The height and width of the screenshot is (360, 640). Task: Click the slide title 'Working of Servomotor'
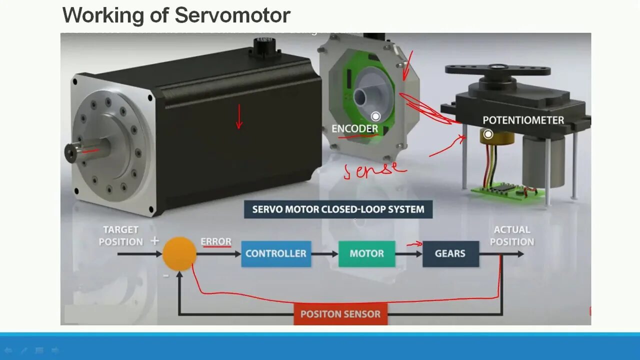click(176, 15)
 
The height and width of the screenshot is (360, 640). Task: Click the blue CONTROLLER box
click(276, 253)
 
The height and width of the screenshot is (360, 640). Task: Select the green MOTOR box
click(366, 253)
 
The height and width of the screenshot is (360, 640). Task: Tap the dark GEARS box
click(450, 253)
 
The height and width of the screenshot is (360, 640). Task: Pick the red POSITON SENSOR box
click(340, 314)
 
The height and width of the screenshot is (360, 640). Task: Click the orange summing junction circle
click(179, 254)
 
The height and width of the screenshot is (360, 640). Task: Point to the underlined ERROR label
click(216, 242)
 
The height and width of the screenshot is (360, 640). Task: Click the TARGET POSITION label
click(120, 235)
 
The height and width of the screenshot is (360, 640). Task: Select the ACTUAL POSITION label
click(511, 235)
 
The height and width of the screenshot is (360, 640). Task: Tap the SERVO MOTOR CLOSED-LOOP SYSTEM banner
click(338, 209)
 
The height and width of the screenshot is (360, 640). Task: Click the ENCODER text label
click(354, 128)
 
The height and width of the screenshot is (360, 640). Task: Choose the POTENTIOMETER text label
click(523, 120)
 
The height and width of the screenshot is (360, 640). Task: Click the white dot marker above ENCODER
click(375, 116)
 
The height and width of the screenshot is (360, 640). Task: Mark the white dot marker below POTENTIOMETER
click(488, 134)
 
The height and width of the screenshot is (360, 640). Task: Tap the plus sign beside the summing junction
click(154, 241)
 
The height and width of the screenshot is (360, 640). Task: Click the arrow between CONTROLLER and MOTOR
click(324, 254)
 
